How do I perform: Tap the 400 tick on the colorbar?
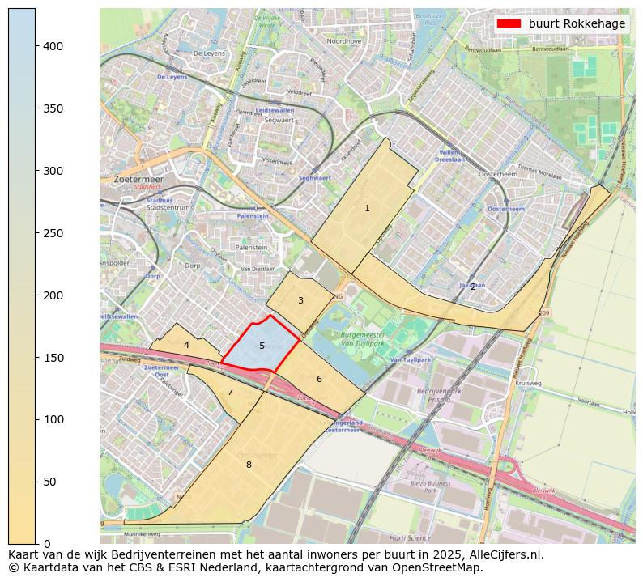36,46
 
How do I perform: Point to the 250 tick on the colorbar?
36,233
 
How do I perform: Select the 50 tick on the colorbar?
36,482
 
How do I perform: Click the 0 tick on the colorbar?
36,543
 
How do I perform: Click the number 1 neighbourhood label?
367,209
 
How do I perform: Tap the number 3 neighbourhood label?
300,301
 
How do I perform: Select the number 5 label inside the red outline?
262,346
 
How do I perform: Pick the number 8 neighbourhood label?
249,465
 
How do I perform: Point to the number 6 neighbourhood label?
319,379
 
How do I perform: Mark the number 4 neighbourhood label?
186,345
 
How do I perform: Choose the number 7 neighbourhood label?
230,393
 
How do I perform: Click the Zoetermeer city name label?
138,179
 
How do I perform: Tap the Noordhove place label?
343,40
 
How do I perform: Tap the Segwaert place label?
279,119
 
